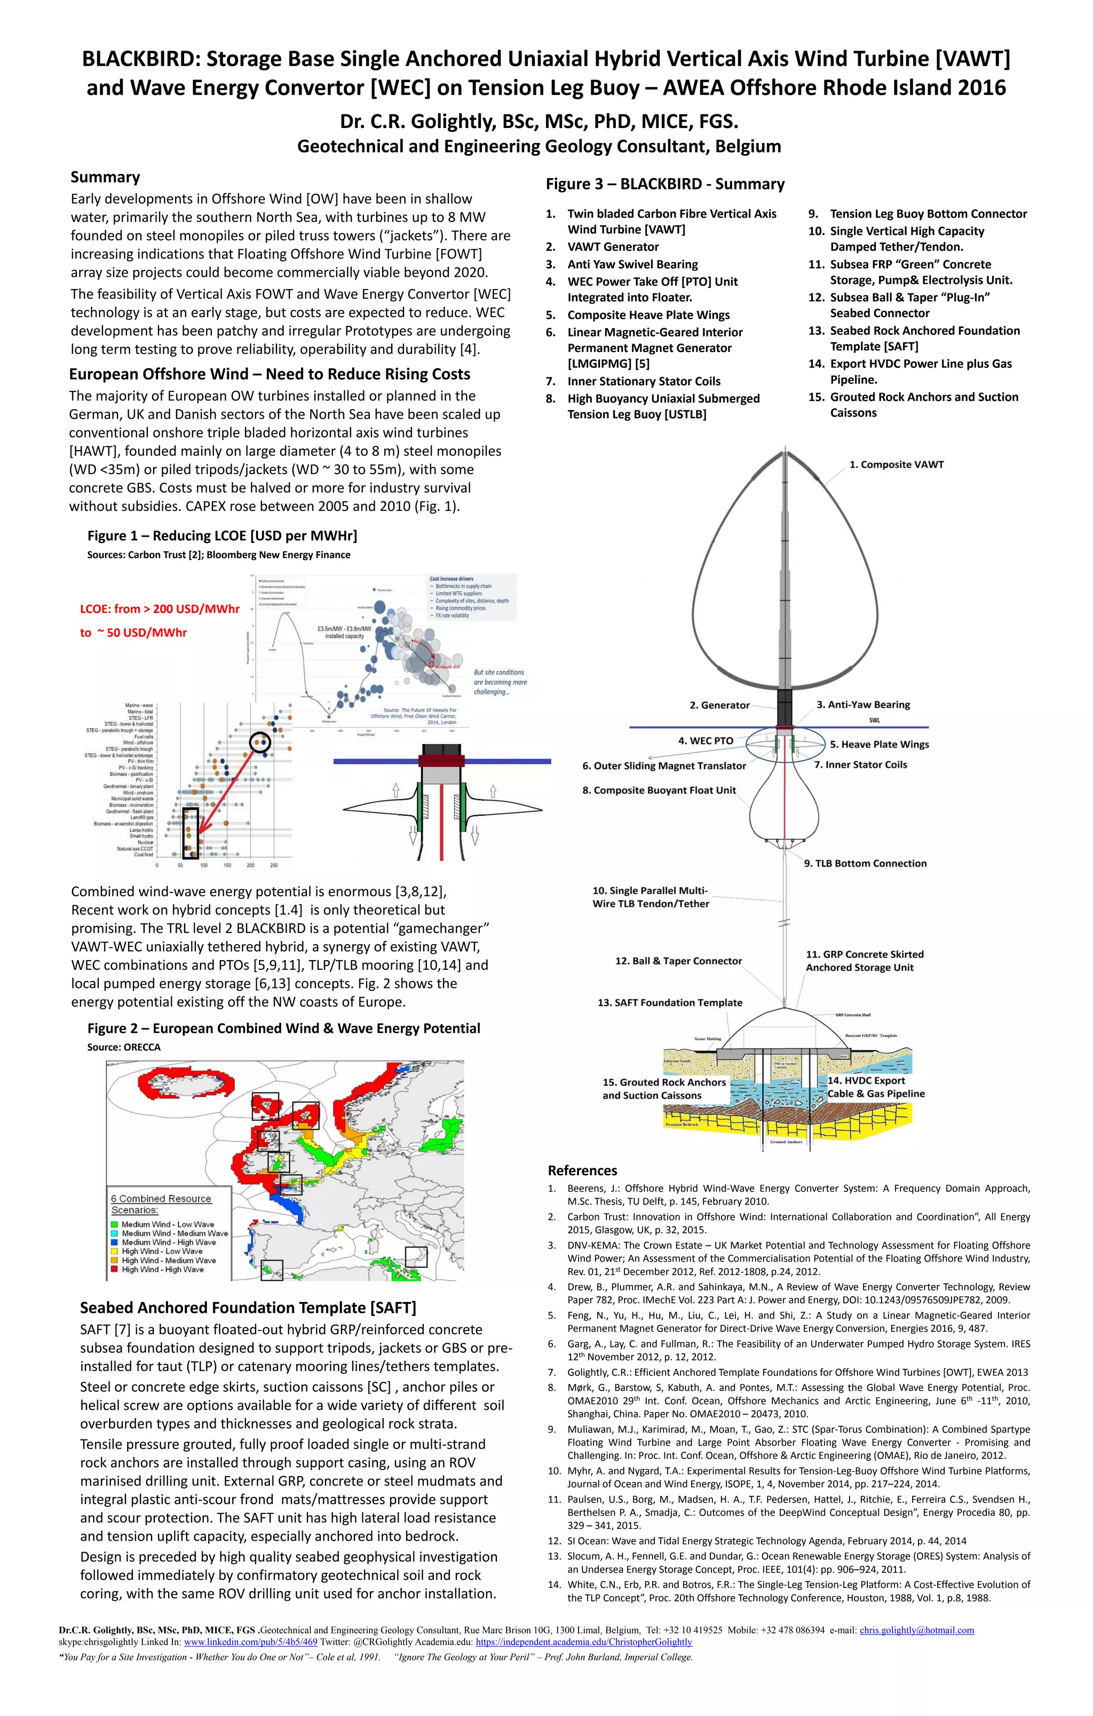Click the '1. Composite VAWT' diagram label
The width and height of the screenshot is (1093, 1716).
[896, 465]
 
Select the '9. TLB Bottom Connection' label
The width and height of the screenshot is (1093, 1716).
[865, 863]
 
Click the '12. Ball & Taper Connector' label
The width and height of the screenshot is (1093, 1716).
[678, 961]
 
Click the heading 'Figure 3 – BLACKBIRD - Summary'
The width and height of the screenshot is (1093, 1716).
[664, 184]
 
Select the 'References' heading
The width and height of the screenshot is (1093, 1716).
[582, 1170]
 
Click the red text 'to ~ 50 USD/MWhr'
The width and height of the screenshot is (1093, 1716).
[133, 633]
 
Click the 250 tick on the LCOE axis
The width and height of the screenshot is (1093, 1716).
[274, 865]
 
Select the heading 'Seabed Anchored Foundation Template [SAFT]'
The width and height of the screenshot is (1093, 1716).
[248, 1307]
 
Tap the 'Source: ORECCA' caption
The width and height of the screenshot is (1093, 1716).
[123, 1047]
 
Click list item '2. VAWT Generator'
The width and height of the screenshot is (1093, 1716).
[613, 246]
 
